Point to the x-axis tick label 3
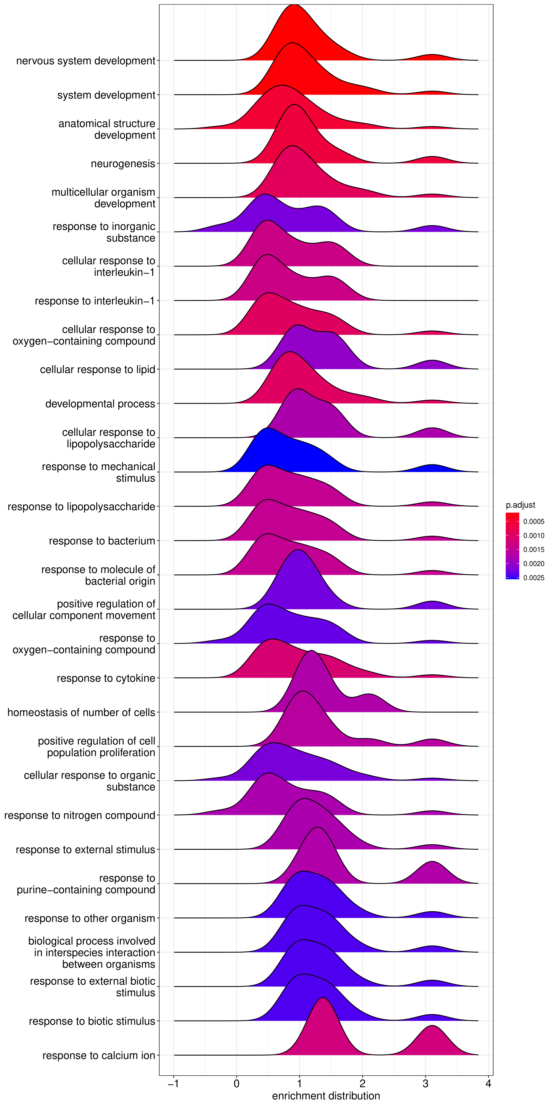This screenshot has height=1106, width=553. tap(426, 1083)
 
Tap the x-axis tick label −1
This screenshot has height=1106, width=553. tap(173, 1083)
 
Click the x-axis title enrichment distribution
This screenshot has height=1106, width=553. tap(326, 1096)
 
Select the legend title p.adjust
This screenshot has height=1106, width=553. tap(520, 505)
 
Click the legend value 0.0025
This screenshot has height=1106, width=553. tap(534, 578)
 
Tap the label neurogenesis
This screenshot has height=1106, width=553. tap(123, 164)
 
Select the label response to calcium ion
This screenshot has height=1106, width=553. tap(98, 1055)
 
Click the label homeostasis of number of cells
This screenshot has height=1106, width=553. tap(81, 712)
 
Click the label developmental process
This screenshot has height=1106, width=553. tap(100, 404)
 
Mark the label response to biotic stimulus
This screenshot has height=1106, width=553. tap(92, 1021)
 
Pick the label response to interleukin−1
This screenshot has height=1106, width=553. tap(95, 301)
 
